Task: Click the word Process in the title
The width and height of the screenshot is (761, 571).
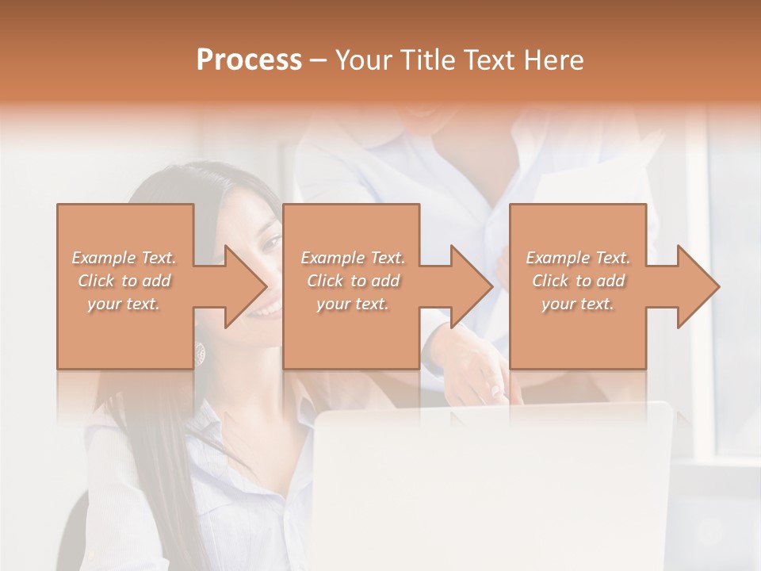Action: click(249, 60)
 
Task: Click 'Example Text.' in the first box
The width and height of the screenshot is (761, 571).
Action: click(124, 258)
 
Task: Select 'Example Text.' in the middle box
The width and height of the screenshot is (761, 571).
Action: click(352, 258)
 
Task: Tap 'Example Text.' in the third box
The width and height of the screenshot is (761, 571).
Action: click(578, 258)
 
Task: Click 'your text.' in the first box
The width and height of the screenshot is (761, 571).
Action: click(124, 304)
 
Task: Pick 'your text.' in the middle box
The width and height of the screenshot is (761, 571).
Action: click(352, 304)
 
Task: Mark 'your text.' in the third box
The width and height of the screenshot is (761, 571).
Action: click(578, 304)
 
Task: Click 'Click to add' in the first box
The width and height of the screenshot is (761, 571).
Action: click(124, 281)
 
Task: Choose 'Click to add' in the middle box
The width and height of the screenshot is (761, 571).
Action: click(352, 281)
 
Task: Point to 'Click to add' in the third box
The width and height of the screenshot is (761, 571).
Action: click(578, 281)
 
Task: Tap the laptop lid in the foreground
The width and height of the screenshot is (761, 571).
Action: click(491, 484)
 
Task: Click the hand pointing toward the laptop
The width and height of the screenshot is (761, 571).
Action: click(484, 381)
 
